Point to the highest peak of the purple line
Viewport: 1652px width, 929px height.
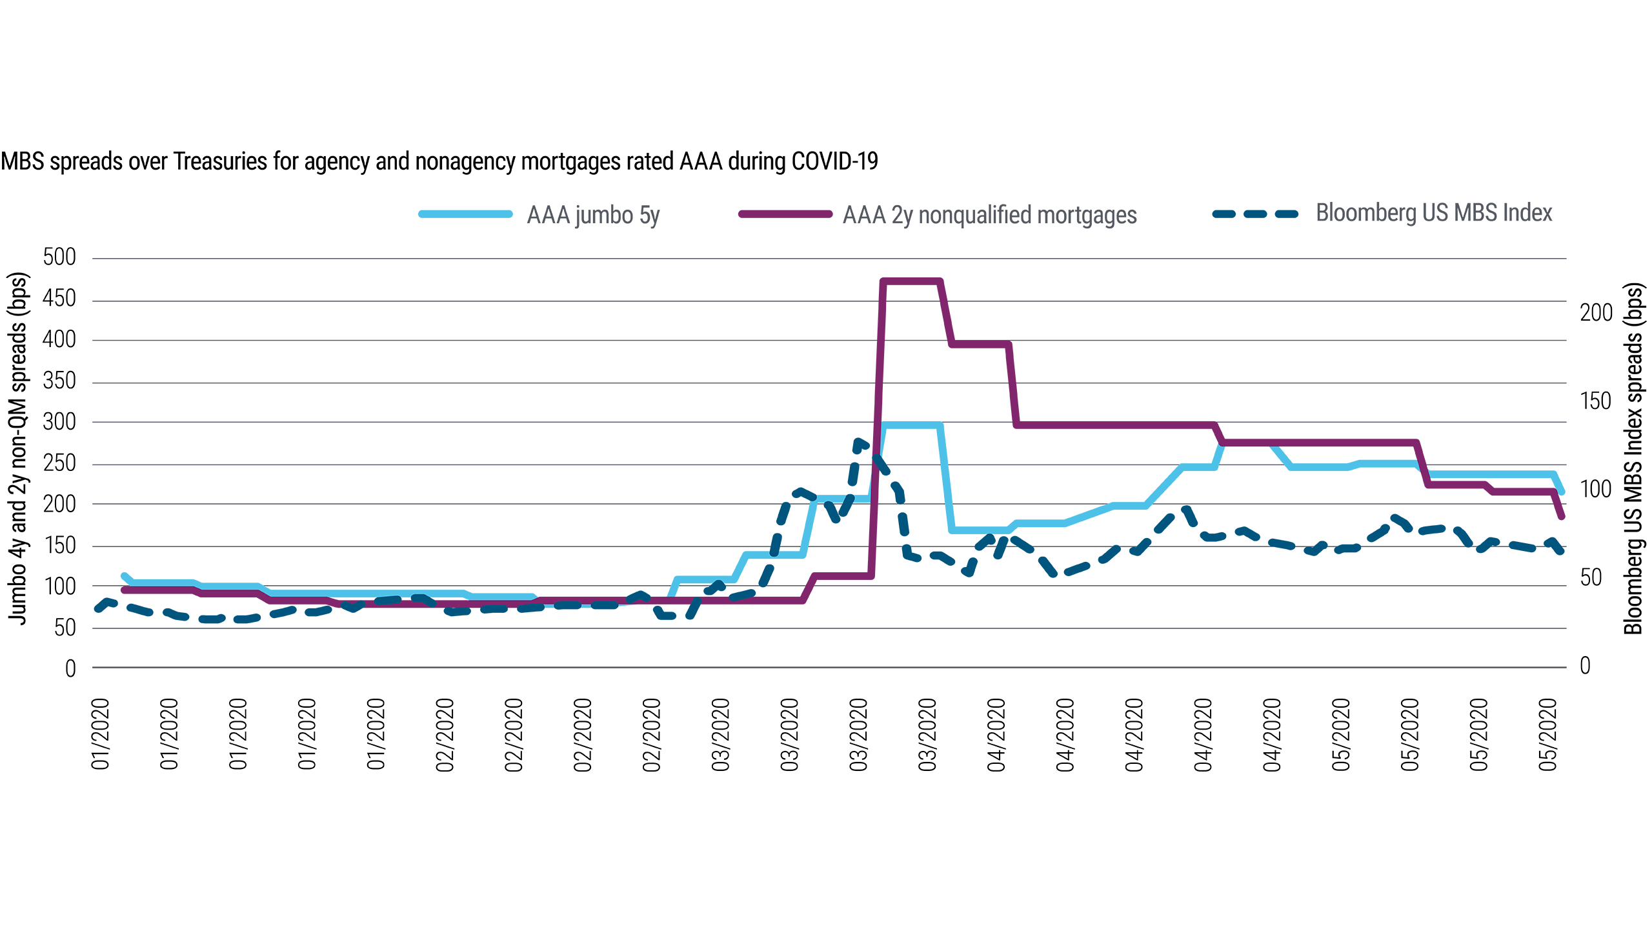pyautogui.click(x=911, y=280)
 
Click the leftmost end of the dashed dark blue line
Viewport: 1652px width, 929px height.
pyautogui.click(x=90, y=608)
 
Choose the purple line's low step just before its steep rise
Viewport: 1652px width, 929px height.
pyautogui.click(x=755, y=604)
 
